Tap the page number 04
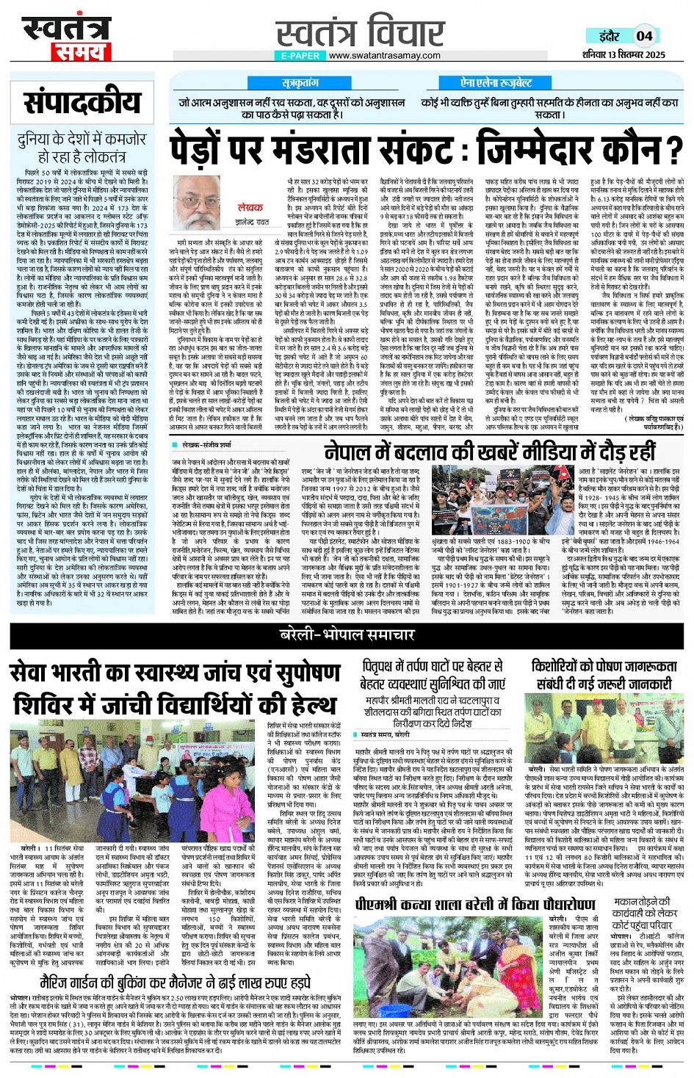[644, 35]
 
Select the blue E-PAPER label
[300, 55]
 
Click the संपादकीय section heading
[81, 102]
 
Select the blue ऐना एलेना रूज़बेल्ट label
[496, 83]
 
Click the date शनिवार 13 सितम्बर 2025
[623, 54]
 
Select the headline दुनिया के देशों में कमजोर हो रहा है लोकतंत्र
[81, 147]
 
